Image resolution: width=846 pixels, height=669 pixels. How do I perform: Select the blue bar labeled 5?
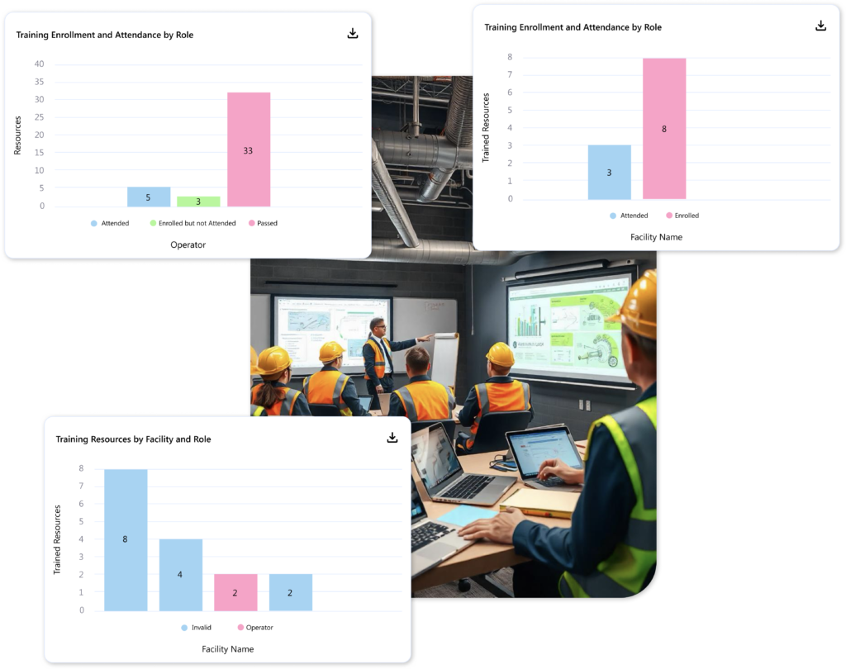point(149,197)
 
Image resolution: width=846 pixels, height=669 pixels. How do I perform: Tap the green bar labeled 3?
point(198,202)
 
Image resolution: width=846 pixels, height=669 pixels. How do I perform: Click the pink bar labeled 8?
point(664,128)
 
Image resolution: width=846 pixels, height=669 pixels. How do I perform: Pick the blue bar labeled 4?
point(180,574)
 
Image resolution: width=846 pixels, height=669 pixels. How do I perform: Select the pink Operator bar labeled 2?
point(235,592)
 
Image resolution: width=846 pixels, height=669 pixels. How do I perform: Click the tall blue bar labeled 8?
point(126,539)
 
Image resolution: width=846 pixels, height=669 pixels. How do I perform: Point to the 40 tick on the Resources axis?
point(39,64)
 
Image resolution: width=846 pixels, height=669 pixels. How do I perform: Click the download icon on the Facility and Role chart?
point(392,438)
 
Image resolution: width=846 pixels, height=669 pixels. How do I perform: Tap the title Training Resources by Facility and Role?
point(133,439)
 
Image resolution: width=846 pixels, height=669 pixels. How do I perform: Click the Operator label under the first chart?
point(188,245)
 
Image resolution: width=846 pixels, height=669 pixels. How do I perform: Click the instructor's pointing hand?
point(427,337)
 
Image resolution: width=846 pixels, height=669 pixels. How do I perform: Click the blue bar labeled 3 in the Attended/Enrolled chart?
point(609,172)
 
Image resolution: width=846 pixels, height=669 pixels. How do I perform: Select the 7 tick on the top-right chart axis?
point(510,75)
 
